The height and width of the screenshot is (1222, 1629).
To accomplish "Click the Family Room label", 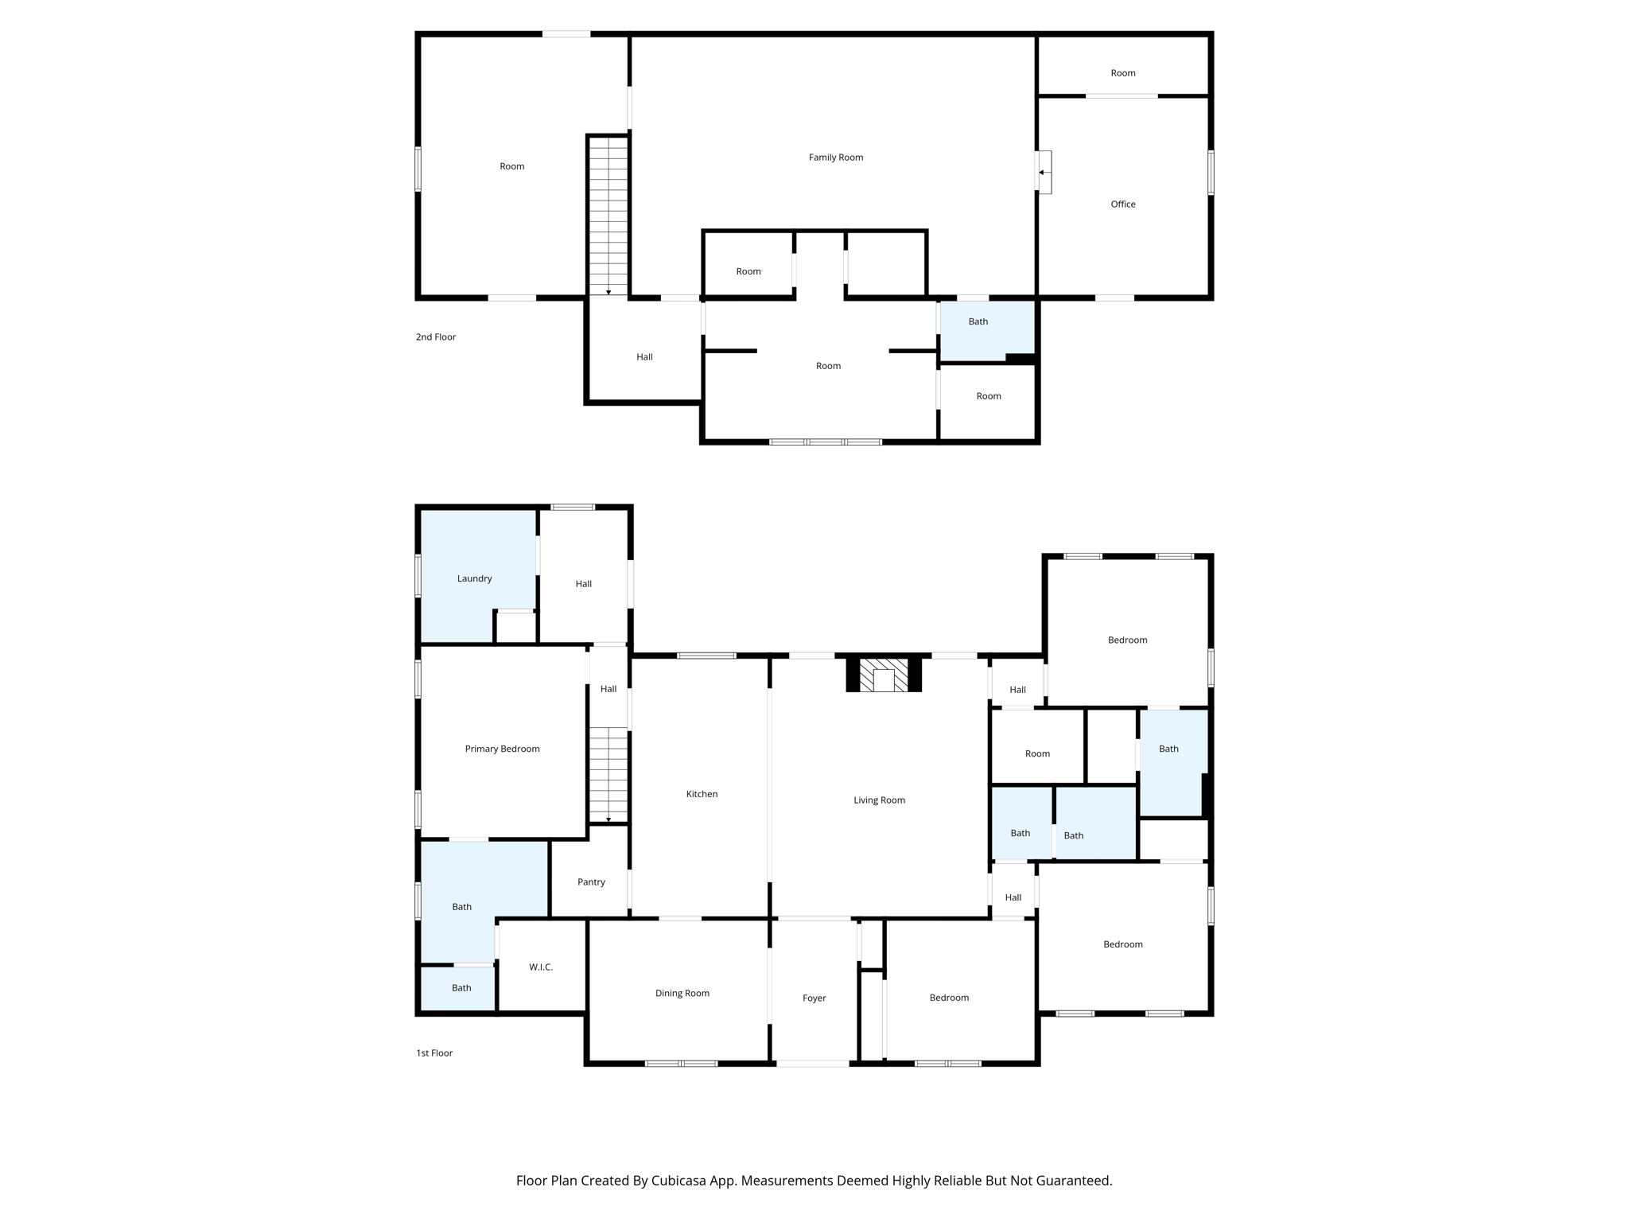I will coord(835,158).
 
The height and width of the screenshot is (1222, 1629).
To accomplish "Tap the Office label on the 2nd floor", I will coord(1122,204).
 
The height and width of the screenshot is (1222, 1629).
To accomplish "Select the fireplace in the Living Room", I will coord(883,675).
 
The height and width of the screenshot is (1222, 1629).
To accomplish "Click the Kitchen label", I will coord(702,794).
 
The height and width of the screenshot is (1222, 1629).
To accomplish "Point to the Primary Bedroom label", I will coord(502,749).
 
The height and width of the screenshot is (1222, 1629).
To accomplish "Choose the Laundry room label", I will coord(474,578).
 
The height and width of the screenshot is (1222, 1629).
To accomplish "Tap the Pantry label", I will coord(591,882).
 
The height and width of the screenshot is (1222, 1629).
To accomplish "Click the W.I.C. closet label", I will coord(541,967).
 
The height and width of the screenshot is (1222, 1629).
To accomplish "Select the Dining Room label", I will coord(682,994).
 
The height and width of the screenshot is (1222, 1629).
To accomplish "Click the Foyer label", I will coord(814,998).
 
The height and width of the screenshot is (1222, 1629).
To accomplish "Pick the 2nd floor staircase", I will coord(608,215).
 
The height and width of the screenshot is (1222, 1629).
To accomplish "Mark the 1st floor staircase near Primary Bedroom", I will coord(608,775).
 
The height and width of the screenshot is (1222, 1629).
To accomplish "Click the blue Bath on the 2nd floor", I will coord(978,322).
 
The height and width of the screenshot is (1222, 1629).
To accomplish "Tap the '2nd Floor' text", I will coord(436,337).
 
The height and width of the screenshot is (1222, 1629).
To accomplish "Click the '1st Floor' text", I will coord(434,1053).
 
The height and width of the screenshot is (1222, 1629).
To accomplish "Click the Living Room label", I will coord(879,800).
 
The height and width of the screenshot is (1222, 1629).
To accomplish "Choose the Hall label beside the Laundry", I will coord(583,584).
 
